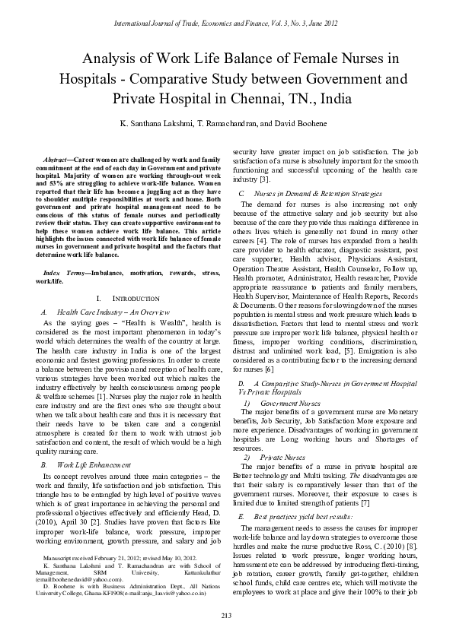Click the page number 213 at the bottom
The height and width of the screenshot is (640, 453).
(226, 614)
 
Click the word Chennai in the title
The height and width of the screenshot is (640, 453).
(257, 98)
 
